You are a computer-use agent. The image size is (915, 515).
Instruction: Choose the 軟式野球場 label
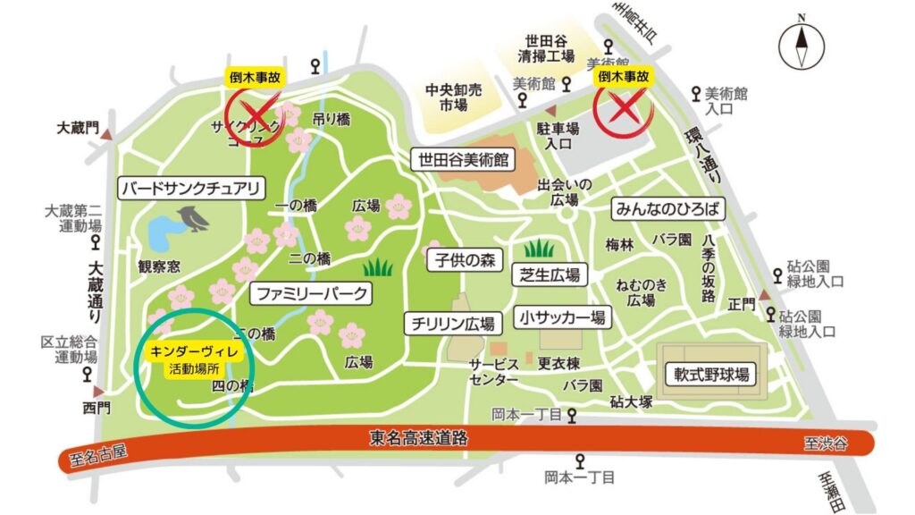pyautogui.click(x=711, y=373)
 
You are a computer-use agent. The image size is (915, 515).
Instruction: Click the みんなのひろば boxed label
pyautogui.click(x=666, y=209)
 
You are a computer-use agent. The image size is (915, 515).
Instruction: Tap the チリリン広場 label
pyautogui.click(x=454, y=323)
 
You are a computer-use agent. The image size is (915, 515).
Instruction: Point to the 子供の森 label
pyautogui.click(x=465, y=260)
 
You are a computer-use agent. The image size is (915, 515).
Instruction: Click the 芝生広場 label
pyautogui.click(x=546, y=274)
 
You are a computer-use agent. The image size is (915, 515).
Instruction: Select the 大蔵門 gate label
pyautogui.click(x=79, y=128)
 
